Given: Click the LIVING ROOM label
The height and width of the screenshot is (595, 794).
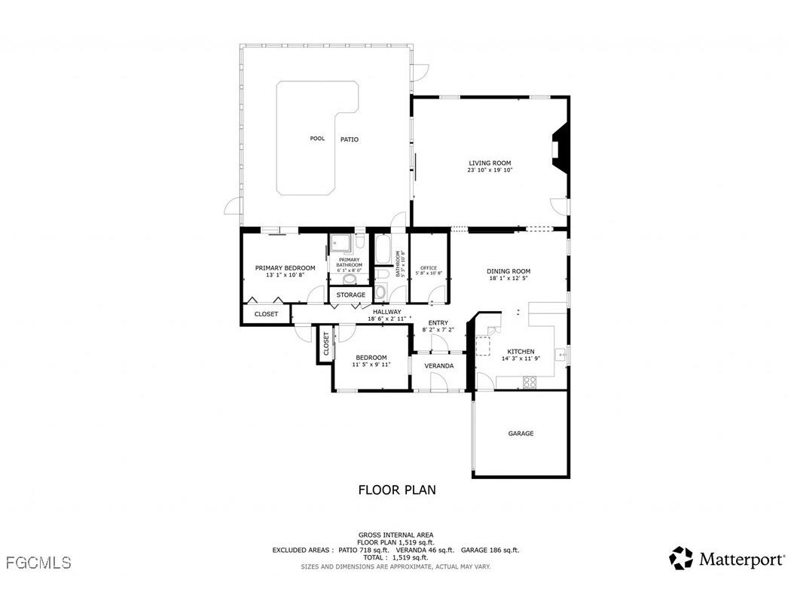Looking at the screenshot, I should [490, 163].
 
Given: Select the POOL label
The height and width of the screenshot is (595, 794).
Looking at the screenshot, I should [317, 139].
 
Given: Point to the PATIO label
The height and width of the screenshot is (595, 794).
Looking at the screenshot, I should [349, 139].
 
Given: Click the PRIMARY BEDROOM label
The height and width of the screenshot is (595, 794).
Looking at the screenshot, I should [285, 268].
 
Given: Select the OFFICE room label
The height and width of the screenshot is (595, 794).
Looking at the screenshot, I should [429, 268].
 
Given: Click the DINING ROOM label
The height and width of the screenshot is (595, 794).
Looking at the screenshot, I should [508, 271].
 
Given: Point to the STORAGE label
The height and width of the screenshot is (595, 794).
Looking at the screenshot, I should [351, 294].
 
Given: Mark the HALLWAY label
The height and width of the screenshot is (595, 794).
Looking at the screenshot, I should [386, 312].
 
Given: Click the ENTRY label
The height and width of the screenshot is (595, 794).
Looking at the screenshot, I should [438, 323].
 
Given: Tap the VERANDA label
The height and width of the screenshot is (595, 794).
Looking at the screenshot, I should [439, 366].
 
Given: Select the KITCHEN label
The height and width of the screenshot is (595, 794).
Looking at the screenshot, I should [521, 352].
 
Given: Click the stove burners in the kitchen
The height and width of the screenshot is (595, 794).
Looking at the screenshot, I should [530, 382].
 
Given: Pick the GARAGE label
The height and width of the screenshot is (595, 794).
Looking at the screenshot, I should [521, 434].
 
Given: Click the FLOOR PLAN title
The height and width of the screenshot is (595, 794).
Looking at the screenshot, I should [396, 490].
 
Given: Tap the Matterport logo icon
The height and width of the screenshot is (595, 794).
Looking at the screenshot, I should [681, 558].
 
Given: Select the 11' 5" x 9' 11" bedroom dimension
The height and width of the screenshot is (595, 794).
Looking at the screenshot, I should [371, 365].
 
